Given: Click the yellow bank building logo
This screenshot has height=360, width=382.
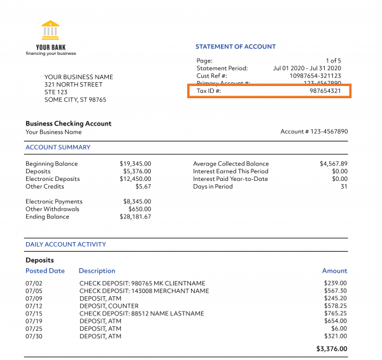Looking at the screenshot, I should [50, 30].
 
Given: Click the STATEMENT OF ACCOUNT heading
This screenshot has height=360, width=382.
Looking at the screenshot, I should [236, 47].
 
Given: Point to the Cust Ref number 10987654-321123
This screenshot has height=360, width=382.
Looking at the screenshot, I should [315, 76].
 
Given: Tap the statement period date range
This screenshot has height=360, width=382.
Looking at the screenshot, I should [307, 68].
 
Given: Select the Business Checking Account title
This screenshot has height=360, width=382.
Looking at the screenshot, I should [68, 124].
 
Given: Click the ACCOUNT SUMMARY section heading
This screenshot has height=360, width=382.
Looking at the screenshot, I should [58, 147].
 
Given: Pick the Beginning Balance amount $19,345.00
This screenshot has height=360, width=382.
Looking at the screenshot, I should [136, 164].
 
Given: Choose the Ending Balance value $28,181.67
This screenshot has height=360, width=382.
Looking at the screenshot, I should [136, 217].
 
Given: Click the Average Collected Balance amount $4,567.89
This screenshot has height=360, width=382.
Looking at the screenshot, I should [334, 164].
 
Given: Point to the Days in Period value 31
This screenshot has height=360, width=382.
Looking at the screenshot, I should [344, 187].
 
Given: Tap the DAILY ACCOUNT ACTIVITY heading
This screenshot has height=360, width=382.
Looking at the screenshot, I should [66, 245].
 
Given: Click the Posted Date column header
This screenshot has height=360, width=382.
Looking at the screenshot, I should [45, 271].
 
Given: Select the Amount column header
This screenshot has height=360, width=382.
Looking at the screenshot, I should [334, 271].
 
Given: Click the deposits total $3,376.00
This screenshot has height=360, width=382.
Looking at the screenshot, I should [332, 349].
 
